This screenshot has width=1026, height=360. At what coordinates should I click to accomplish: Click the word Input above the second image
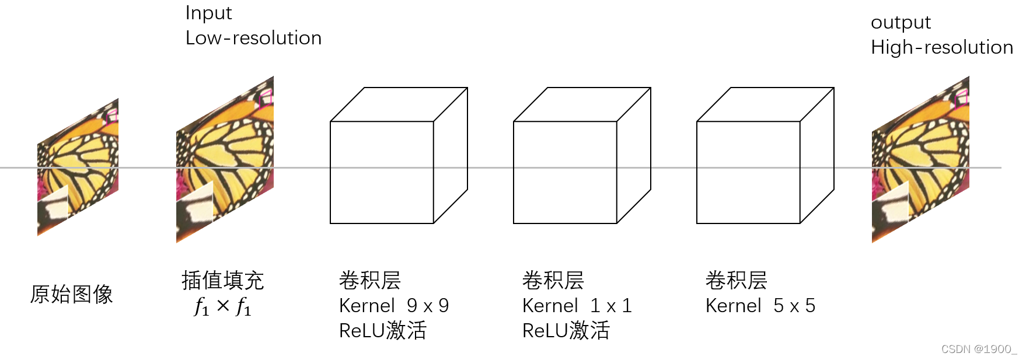coord(208,13)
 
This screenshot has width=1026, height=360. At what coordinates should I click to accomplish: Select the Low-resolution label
coord(253,38)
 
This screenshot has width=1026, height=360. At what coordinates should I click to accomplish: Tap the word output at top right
coord(901,22)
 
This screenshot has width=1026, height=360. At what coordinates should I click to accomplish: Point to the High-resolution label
coord(941,47)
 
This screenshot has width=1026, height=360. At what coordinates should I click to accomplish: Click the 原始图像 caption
coord(71,294)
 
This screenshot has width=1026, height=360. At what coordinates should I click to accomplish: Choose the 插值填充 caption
coord(222,281)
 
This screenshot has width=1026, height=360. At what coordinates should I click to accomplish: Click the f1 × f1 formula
coord(222,306)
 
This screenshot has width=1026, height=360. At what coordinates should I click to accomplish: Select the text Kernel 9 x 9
coord(393,306)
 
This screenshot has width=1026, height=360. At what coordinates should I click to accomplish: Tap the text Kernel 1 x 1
coord(577,306)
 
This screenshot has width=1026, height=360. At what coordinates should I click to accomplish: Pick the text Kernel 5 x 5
coord(760,306)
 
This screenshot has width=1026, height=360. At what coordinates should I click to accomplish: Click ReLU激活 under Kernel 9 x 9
coord(382,331)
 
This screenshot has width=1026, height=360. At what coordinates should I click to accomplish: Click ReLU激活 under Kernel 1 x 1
coord(566,331)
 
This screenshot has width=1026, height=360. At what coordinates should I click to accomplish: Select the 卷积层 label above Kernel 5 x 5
coord(736,281)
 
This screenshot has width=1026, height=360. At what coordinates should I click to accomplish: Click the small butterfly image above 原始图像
coord(78,168)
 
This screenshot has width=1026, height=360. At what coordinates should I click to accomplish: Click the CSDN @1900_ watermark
coord(978,349)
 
